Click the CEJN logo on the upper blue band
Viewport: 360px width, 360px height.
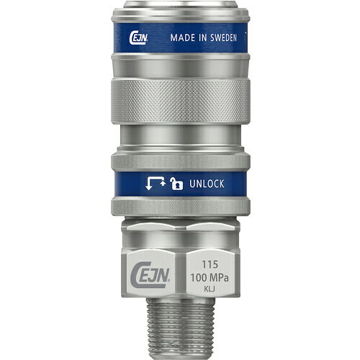coord(138,38)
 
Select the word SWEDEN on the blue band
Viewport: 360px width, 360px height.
coord(223,37)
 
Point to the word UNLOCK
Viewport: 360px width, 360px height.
coord(207,184)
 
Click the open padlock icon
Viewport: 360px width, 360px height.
coord(176,184)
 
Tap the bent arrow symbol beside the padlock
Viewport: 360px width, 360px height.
coord(156,184)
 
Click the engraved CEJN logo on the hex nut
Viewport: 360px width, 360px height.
coord(150,275)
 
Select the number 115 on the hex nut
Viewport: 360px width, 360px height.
coord(210,264)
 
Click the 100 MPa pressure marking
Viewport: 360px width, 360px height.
coord(210,278)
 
